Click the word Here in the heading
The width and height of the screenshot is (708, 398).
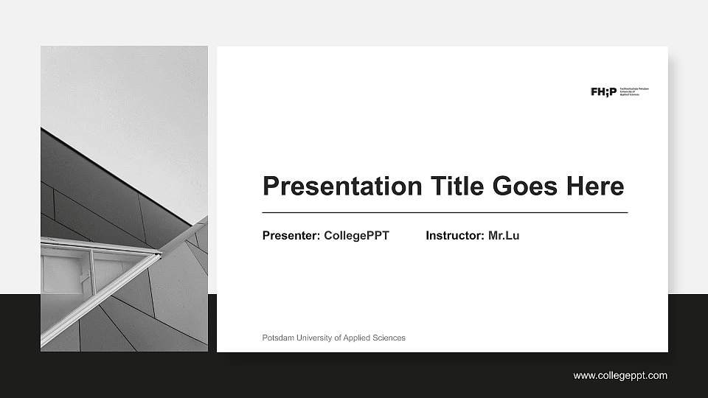point(595,186)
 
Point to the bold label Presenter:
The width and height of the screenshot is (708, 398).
point(291,236)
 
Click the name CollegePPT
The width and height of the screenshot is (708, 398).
point(356,236)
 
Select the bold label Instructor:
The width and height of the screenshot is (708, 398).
point(455,236)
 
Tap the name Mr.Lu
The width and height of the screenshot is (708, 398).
point(504,236)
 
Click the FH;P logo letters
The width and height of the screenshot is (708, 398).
point(603,91)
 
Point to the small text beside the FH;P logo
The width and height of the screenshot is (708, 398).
point(634,91)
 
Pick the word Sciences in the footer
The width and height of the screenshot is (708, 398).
point(389,338)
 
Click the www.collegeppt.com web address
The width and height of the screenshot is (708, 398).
point(620,376)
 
